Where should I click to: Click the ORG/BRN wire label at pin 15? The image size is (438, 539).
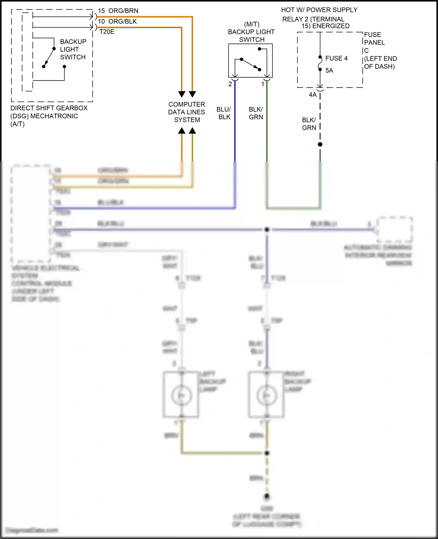pos(123,11)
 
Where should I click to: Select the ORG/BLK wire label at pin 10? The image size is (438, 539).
pos(122,21)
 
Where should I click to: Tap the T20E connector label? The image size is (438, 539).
pos(107,32)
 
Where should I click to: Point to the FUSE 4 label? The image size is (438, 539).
pos(336,58)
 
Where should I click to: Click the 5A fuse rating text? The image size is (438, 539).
pos(329,70)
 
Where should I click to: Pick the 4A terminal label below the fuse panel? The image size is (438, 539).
pos(312,95)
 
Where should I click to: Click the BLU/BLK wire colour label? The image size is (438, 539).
pos(224,113)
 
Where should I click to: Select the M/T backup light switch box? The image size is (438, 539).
pos(250,60)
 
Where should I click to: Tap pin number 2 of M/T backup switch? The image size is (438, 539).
pos(230,84)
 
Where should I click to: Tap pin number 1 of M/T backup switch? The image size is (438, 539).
pos(263,84)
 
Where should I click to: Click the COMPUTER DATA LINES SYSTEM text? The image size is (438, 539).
pos(187,112)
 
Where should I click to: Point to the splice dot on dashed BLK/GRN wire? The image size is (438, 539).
pos(320,144)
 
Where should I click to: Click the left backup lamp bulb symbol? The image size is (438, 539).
pos(181,395)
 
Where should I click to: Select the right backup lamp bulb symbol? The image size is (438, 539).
pos(266,395)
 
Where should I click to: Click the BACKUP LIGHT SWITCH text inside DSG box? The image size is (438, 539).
pos(73,49)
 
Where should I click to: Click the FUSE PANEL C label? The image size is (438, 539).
pos(374,43)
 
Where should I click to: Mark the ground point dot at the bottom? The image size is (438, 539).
pos(267,496)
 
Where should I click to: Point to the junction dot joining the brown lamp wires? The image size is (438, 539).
pos(267,453)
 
